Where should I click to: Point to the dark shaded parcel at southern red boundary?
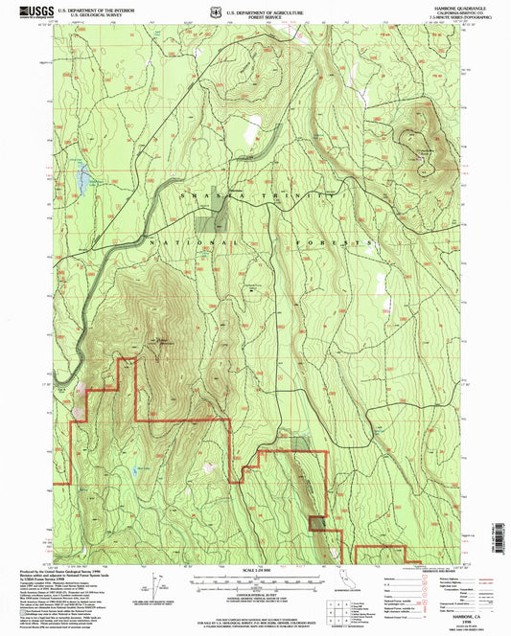click(x=299, y=443)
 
